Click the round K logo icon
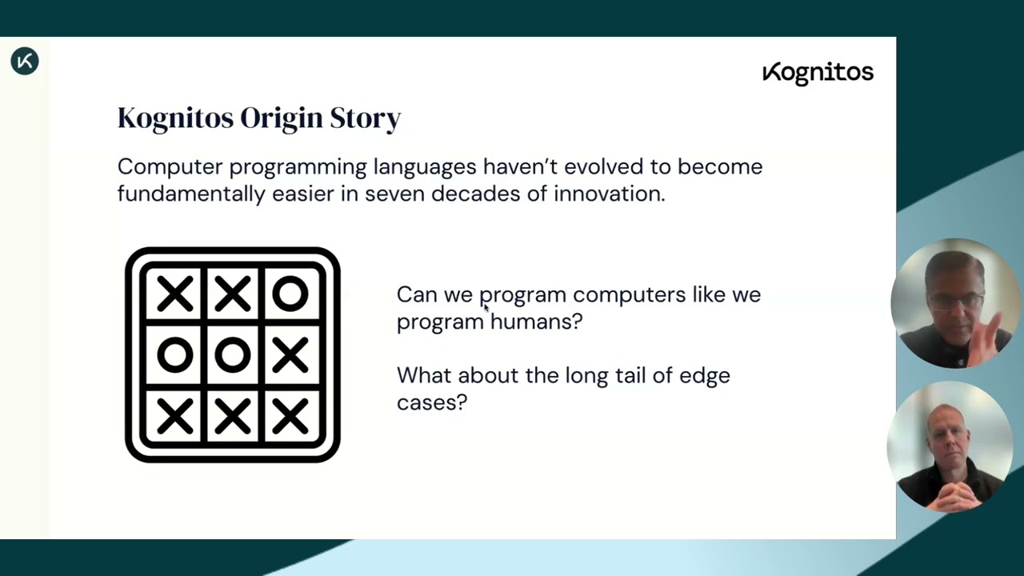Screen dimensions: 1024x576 25,61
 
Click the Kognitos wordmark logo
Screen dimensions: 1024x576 818,73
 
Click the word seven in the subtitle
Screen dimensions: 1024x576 395,194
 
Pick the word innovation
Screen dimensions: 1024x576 610,194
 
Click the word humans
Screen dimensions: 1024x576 536,322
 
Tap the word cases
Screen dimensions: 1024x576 431,403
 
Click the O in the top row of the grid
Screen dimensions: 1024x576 290,294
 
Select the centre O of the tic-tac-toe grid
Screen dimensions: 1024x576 233,354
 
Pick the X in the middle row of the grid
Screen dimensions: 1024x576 290,354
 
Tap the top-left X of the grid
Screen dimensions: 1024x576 175,294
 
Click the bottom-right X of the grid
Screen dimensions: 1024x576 290,416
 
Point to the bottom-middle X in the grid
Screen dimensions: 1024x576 233,416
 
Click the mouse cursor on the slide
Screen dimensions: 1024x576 486,308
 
